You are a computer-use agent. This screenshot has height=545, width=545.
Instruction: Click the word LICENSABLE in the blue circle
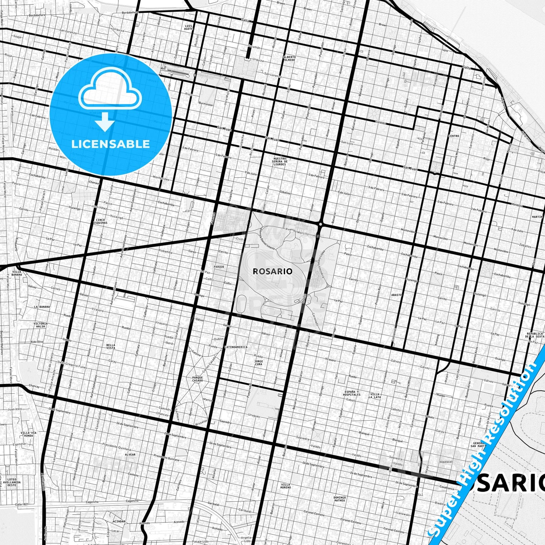point(111,144)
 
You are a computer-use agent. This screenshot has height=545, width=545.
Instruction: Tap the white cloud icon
point(110,92)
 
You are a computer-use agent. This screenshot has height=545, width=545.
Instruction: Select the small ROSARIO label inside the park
point(272,271)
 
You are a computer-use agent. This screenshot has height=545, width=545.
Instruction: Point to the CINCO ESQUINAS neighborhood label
point(101,221)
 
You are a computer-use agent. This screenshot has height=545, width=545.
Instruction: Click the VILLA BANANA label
point(17,273)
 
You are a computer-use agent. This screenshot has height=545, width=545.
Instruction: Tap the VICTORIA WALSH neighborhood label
point(40,325)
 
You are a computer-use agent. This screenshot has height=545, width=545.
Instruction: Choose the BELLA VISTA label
point(111,346)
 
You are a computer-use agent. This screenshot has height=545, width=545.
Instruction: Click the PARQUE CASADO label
point(197,379)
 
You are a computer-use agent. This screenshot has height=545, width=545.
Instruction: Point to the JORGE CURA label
point(258,363)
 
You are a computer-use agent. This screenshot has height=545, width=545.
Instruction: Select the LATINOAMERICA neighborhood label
point(236,347)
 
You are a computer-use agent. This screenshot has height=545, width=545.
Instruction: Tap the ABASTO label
point(396,295)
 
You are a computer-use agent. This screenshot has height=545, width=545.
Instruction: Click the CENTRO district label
point(454,136)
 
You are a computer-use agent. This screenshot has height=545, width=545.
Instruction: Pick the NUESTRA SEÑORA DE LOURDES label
point(279,161)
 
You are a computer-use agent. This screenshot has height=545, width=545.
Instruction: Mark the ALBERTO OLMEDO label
point(289,58)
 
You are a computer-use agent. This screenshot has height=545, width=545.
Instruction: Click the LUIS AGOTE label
point(189,27)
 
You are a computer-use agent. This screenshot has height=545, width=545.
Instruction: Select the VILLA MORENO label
point(286,486)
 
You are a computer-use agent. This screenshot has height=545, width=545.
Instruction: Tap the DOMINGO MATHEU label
point(339,499)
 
